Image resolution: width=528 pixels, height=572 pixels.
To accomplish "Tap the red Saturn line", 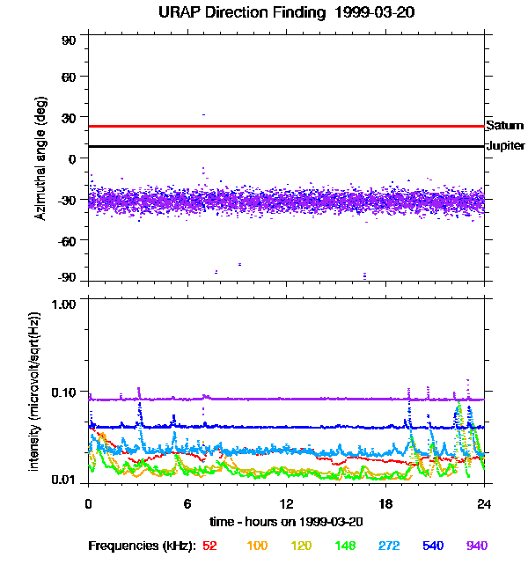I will click(286, 126).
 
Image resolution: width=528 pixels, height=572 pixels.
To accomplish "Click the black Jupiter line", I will click(286, 146).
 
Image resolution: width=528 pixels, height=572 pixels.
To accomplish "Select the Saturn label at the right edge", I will click(503, 126).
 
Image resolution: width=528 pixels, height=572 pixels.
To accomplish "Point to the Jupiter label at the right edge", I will click(505, 146).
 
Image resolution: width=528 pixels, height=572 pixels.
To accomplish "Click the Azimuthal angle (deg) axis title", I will click(40, 158).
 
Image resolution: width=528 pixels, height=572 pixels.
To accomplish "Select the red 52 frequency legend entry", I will click(209, 546).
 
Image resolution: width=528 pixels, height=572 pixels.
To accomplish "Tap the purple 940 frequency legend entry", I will click(477, 546).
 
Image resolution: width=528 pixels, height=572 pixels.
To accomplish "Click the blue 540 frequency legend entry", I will click(433, 546).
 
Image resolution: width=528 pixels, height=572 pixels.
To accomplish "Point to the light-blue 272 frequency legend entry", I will click(388, 546).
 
